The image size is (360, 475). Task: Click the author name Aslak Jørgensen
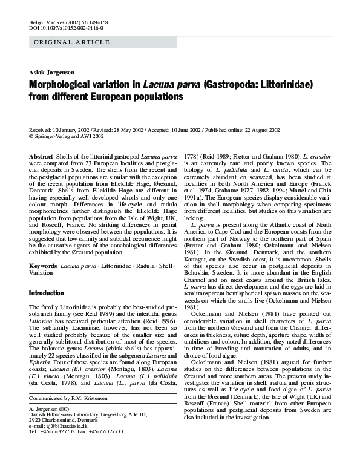coord(52,71)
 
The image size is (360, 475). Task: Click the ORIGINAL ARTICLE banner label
coord(71,42)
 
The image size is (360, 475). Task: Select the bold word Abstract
coord(41,157)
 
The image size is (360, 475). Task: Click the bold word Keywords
coord(43,266)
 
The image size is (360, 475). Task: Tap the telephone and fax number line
coord(76,448)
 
